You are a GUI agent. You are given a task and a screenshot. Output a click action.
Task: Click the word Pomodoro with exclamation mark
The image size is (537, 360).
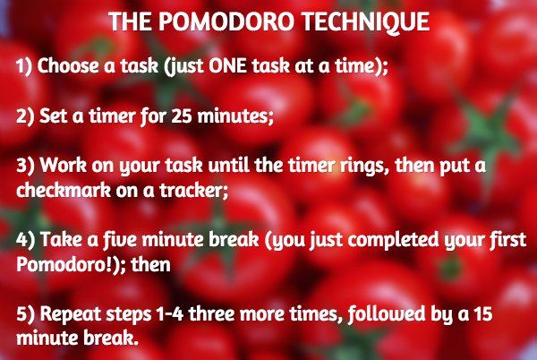[55, 266]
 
